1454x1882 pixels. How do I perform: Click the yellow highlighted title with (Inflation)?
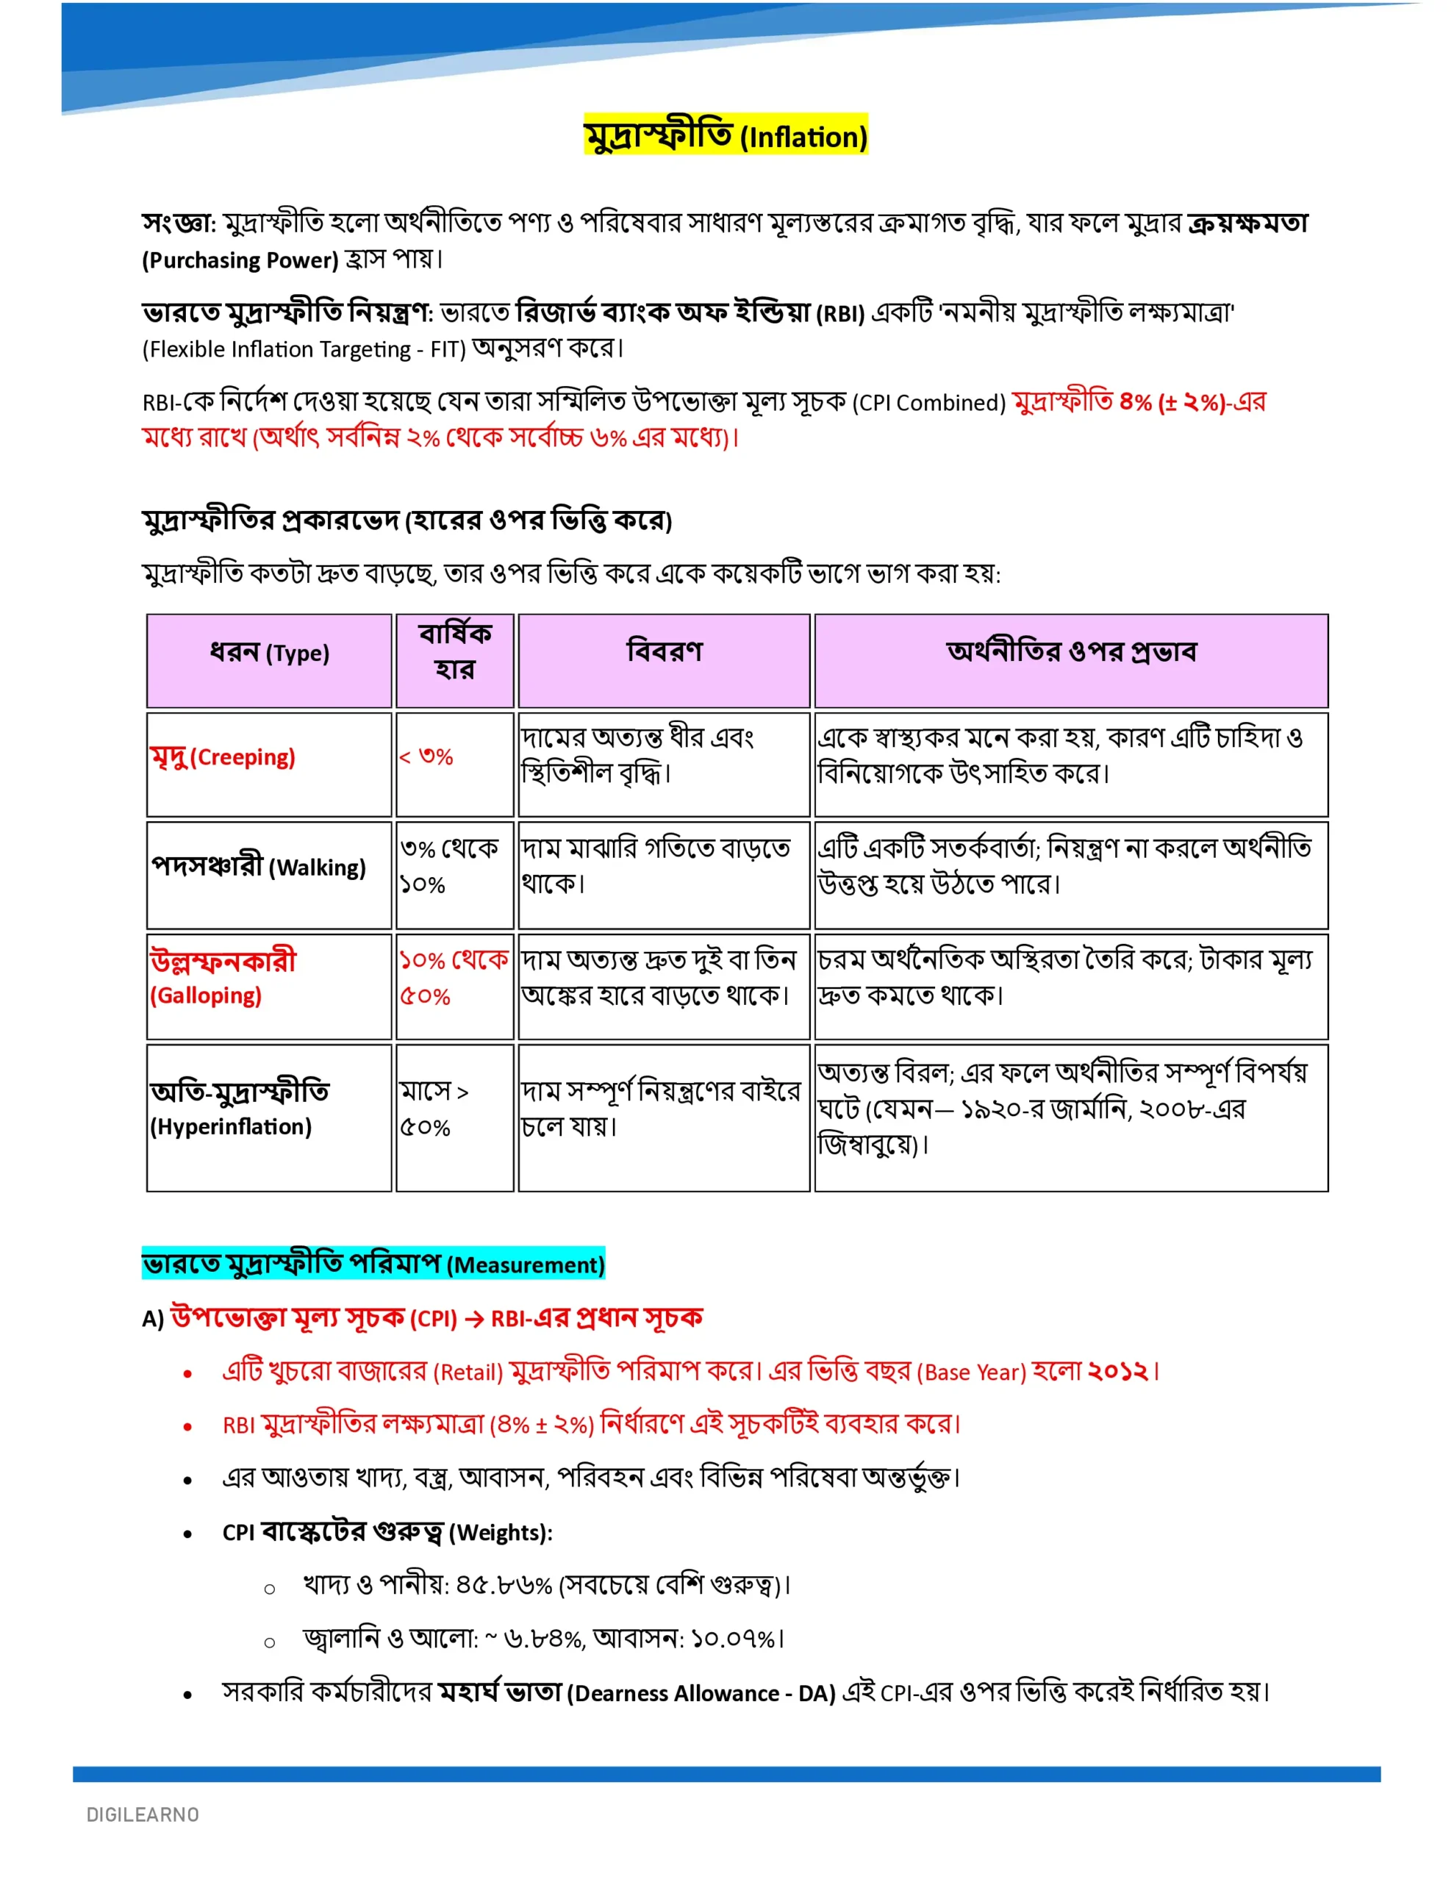[x=725, y=135]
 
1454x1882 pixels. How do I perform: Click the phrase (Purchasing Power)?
[x=240, y=260]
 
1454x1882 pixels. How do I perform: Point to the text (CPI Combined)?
[x=928, y=402]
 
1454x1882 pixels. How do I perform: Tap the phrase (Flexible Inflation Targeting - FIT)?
[x=304, y=349]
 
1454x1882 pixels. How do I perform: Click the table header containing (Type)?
[x=269, y=653]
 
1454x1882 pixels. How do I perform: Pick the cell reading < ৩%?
[x=426, y=756]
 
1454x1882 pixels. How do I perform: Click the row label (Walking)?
[x=317, y=867]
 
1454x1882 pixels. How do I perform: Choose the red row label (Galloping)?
[x=205, y=995]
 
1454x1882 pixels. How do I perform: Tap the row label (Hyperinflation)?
[x=230, y=1126]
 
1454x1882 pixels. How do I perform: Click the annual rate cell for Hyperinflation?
[x=434, y=1109]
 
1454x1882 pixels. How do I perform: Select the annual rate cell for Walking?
[x=448, y=866]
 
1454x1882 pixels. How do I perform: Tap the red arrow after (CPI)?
[x=473, y=1318]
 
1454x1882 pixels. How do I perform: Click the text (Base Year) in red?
[x=971, y=1372]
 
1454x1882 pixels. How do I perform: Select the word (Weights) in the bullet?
[x=500, y=1532]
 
